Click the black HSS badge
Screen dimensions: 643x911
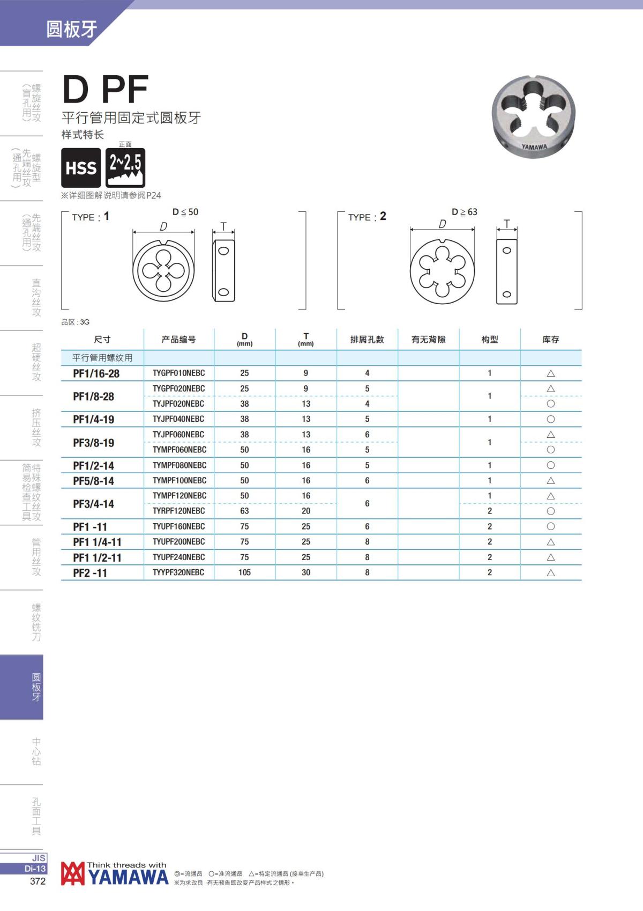81,167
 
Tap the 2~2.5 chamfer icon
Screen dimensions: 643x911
125,167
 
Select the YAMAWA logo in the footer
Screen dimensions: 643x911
115,873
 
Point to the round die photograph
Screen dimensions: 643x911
534,117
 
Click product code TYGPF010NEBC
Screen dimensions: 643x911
179,373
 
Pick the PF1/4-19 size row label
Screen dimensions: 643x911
93,420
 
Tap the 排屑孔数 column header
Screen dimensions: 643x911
367,339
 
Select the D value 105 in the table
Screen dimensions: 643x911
244,572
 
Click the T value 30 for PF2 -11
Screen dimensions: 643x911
306,572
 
